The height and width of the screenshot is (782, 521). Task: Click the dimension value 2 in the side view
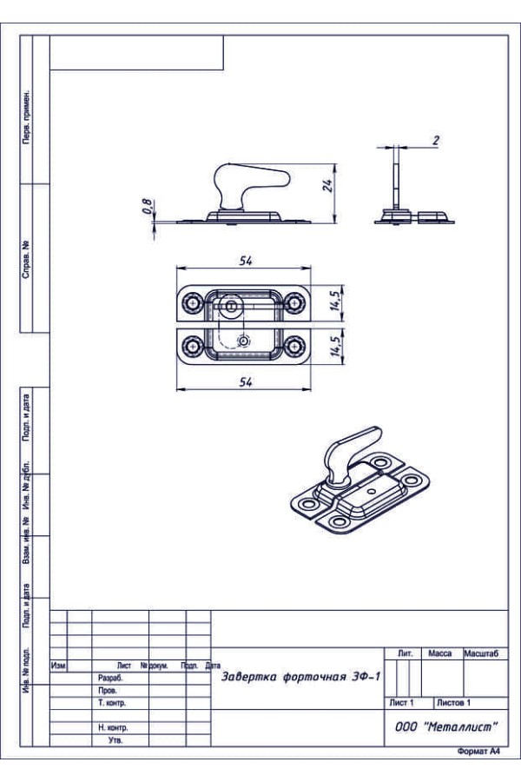click(x=435, y=139)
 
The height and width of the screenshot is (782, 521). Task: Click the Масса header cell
click(x=440, y=653)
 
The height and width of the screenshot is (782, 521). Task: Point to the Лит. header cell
click(x=404, y=653)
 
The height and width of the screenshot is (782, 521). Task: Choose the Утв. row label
click(x=115, y=740)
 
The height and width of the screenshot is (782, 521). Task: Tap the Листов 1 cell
click(x=453, y=702)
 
